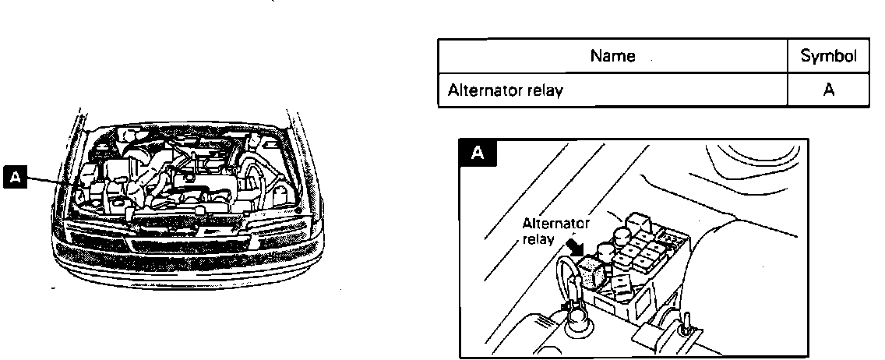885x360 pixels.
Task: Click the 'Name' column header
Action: (612, 56)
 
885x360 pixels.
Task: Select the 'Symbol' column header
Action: (829, 56)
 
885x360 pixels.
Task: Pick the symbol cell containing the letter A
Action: (829, 90)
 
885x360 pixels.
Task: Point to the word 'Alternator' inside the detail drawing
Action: (555, 224)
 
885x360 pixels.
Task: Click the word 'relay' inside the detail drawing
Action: (538, 239)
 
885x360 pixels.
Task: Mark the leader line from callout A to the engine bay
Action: (55, 182)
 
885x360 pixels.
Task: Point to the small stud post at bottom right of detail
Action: (686, 322)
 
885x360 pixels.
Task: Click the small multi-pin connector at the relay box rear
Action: (668, 233)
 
